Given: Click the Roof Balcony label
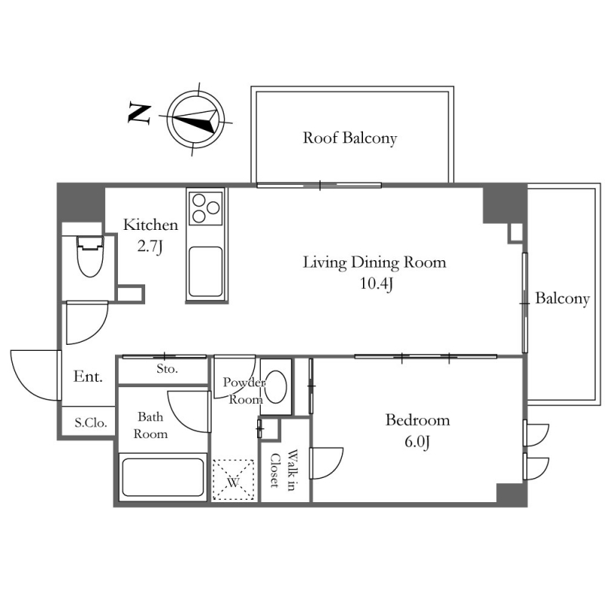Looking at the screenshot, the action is point(349,138).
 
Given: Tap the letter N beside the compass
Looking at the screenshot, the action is point(139,113).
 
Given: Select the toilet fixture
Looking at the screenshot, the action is point(90,256).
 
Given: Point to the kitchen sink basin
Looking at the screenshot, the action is point(206,271).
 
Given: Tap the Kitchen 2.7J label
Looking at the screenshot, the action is point(150,235).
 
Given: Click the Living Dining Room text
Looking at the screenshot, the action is point(374,262).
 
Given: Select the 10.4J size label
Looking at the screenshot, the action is point(377,284).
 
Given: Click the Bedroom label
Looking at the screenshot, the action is point(417,420).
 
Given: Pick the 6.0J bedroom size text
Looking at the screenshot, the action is point(417,442).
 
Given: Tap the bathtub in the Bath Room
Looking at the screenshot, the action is point(163,477).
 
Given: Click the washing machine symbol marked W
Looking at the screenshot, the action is point(234,480).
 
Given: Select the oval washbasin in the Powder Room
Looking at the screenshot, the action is point(276,387).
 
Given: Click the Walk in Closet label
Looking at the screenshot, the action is point(284,470).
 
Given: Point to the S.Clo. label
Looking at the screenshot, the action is point(90,423).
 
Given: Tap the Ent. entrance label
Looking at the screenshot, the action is point(88,376).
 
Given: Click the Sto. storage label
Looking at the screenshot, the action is point(167,369).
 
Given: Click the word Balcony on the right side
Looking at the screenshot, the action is point(562,299).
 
